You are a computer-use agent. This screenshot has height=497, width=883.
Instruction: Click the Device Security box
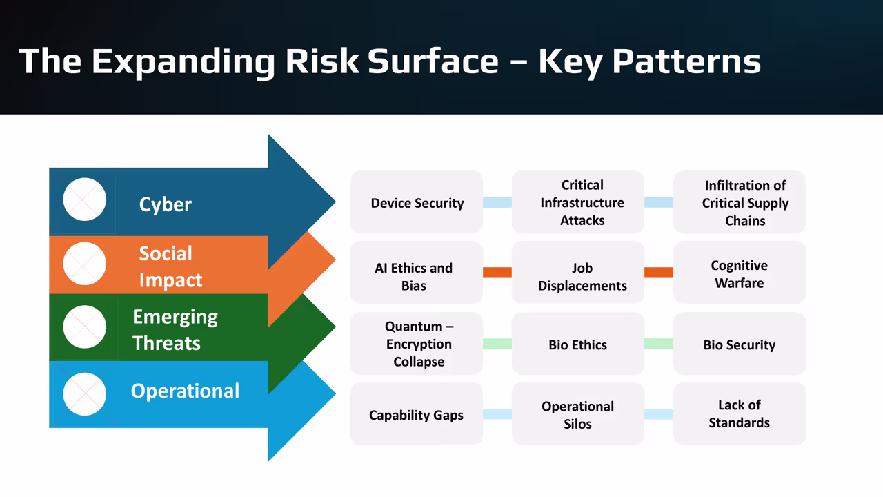(x=417, y=202)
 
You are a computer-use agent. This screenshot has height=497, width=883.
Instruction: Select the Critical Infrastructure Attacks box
(x=578, y=202)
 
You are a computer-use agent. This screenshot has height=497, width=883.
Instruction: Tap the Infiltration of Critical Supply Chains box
(x=740, y=202)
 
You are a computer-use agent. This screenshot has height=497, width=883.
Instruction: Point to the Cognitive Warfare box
(x=740, y=273)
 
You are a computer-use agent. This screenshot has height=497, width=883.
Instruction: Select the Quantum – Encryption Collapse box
(x=417, y=344)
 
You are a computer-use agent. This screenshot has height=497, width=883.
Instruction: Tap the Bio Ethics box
(x=578, y=344)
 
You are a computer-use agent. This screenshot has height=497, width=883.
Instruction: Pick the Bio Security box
(x=740, y=344)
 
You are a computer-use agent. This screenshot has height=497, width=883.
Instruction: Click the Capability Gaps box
(x=417, y=414)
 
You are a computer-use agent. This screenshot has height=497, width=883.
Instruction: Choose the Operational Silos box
(x=578, y=414)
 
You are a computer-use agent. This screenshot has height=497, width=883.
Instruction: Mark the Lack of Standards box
(x=740, y=414)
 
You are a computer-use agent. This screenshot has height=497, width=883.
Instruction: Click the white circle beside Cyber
(x=85, y=199)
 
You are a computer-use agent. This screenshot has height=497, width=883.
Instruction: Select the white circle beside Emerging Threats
(x=85, y=327)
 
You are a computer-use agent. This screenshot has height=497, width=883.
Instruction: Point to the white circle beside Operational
(x=85, y=394)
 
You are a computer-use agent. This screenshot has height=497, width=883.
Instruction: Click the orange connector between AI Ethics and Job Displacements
(x=497, y=273)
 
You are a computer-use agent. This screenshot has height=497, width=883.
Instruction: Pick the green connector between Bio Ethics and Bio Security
(x=658, y=344)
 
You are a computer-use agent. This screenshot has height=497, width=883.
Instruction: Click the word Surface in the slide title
(x=433, y=61)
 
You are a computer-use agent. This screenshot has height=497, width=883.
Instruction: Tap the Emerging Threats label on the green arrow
(x=175, y=330)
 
